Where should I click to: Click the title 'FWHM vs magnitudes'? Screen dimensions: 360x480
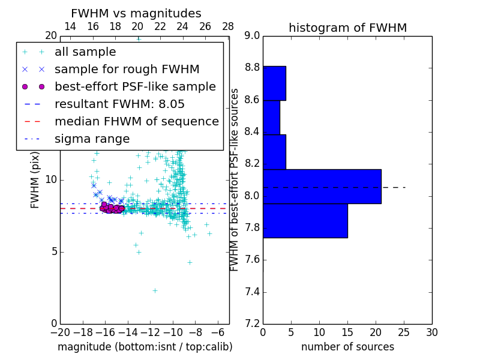click(136, 13)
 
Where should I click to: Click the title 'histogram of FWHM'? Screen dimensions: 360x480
click(347, 28)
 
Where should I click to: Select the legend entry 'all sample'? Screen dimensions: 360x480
click(85, 52)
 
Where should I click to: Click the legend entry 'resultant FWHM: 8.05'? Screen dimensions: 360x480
click(119, 104)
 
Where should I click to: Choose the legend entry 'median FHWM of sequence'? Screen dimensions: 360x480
click(136, 121)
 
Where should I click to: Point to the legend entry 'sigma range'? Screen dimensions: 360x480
click(92, 139)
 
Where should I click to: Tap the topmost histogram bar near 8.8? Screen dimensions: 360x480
click(274, 83)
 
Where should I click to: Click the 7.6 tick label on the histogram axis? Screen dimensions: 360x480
click(252, 260)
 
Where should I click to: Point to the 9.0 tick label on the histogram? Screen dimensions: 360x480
click(252, 36)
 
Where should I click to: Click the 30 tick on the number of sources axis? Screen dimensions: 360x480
click(431, 332)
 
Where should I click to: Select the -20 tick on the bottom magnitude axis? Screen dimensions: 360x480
click(60, 332)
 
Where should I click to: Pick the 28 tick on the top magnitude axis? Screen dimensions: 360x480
click(228, 26)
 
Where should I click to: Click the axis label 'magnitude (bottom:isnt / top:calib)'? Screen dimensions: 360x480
click(145, 347)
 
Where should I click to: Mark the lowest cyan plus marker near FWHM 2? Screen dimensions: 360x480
click(155, 290)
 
